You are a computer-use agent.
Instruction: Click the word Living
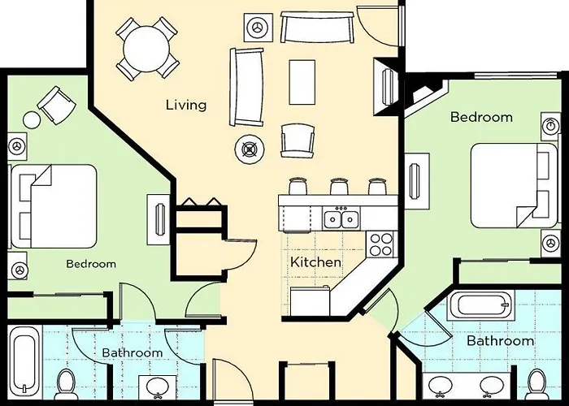coord(186,105)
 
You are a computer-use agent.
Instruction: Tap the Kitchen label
coord(316,262)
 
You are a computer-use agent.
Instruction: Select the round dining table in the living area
coord(146,46)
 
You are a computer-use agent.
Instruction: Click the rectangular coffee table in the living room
coord(302,81)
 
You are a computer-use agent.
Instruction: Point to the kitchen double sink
coord(341,218)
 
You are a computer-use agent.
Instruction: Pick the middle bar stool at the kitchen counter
coord(339,186)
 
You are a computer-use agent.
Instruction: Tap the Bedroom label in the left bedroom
coord(90,264)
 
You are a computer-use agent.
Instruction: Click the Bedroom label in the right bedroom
coord(481,117)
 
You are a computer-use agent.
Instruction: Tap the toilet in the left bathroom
coord(67,382)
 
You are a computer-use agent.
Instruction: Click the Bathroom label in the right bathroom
coord(500,341)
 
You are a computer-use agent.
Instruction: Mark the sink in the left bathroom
coord(153,387)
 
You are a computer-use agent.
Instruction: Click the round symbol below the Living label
coord(247,148)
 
